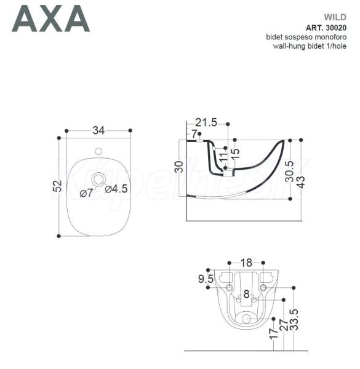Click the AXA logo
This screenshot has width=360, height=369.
pos(51,18)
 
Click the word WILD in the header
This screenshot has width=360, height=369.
pos(335,17)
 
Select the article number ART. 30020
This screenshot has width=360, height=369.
pos(326,28)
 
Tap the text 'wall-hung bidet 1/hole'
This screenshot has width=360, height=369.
pos(310,46)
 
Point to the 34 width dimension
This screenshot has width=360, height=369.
pos(98,130)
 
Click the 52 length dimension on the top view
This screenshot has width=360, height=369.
pos(57,186)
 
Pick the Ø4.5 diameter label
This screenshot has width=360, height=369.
pos(116,189)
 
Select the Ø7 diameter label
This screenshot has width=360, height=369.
pos(86,193)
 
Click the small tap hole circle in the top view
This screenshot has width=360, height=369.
pos(98,151)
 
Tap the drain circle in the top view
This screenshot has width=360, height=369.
pos(98,180)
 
